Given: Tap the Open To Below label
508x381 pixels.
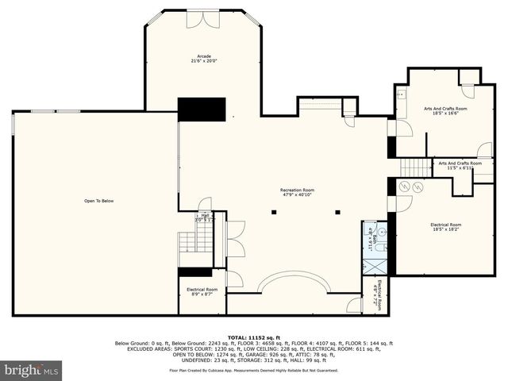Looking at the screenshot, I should click(99, 201).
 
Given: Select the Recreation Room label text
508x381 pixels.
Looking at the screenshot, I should click(297, 191).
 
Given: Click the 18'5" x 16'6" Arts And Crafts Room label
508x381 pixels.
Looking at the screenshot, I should click(444, 110).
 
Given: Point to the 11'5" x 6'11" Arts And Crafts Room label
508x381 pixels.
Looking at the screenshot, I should click(460, 165).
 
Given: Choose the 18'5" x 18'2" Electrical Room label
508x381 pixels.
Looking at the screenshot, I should click(445, 227).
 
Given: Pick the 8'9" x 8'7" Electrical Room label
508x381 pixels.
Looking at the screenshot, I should click(202, 291).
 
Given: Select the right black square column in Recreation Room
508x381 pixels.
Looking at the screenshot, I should click(338, 212).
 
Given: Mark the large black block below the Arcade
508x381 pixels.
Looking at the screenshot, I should click(202, 109).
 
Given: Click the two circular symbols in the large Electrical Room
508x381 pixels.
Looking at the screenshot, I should click(411, 187).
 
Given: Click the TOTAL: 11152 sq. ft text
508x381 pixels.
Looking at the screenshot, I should click(253, 337).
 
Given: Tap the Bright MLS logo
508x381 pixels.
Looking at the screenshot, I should click(32, 370).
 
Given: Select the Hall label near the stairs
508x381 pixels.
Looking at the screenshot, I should click(205, 215).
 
